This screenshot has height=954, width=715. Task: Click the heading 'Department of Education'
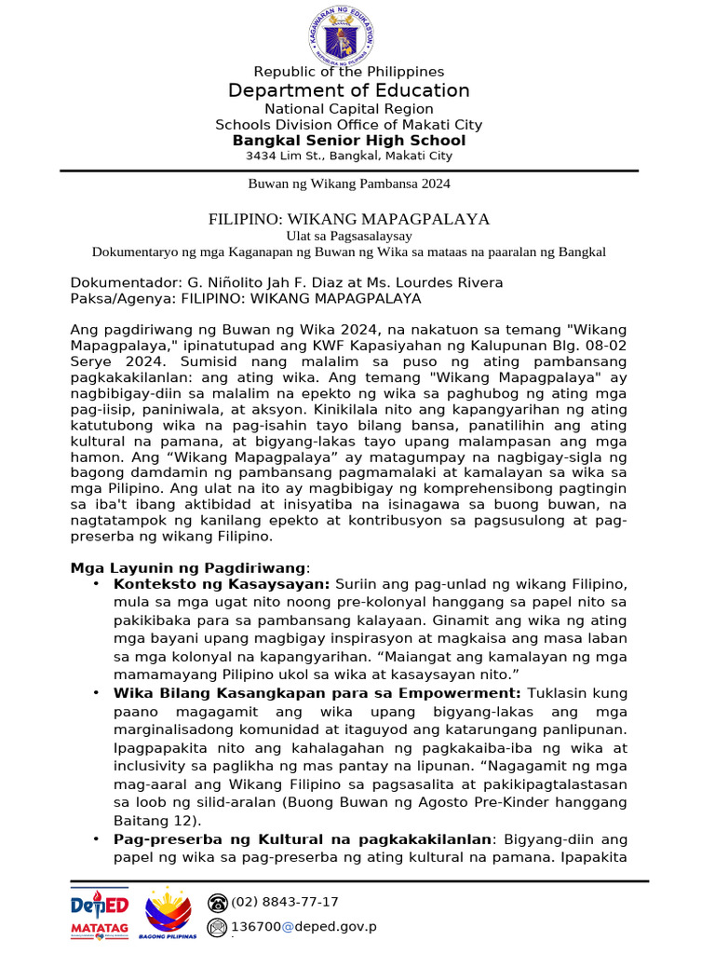coord(349,90)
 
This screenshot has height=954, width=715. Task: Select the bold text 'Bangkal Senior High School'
coord(349,141)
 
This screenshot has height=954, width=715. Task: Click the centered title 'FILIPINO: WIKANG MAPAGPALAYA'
coord(349,219)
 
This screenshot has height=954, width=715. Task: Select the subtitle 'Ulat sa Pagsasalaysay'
coord(349,236)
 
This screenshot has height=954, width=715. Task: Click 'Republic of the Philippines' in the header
coord(349,72)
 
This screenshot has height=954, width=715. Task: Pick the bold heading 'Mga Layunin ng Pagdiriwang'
coord(188,567)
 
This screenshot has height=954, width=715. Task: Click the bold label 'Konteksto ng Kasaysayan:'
coord(222,584)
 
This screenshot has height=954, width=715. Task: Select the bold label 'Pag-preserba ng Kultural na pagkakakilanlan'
coord(303,839)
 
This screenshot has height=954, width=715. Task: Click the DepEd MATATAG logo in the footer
coord(101,912)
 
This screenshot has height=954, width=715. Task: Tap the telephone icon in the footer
coord(218,902)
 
